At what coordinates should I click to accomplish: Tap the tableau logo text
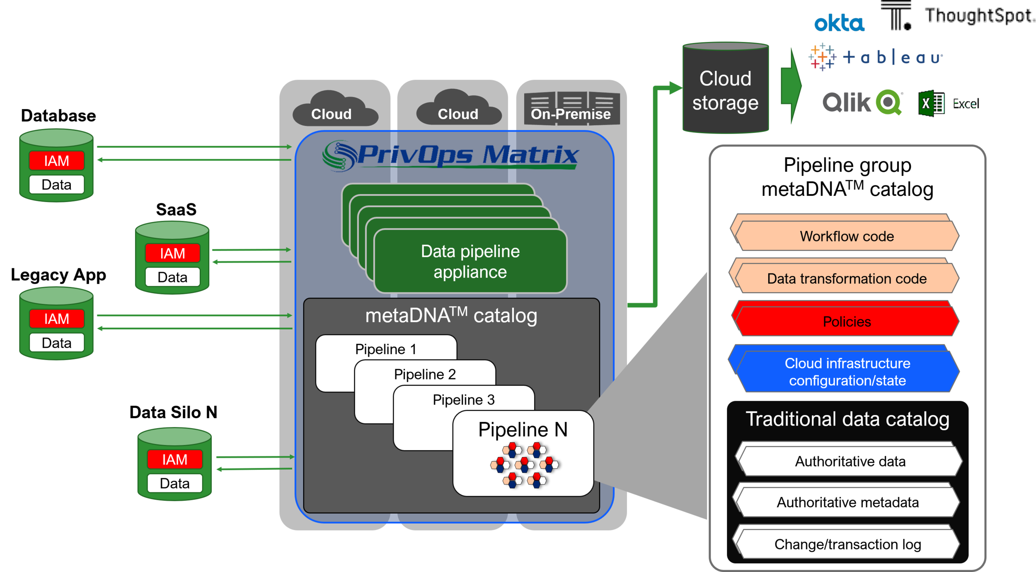click(899, 58)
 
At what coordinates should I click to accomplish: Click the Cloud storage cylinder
click(725, 89)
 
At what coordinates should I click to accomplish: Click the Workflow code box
click(847, 236)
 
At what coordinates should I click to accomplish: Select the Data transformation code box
click(847, 278)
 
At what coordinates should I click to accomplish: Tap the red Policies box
click(847, 321)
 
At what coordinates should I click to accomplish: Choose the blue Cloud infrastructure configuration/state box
click(847, 372)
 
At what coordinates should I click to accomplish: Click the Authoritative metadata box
click(847, 502)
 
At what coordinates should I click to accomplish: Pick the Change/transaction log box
click(847, 544)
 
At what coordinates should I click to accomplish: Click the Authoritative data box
click(850, 461)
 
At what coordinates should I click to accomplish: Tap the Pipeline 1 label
click(385, 349)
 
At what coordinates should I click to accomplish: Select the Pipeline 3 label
click(463, 400)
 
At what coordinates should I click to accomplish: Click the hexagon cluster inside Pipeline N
click(524, 465)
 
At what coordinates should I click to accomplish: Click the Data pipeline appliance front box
click(470, 261)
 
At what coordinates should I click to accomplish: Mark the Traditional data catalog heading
click(847, 419)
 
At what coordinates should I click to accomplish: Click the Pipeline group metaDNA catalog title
click(847, 177)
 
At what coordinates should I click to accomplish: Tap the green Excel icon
click(931, 104)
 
